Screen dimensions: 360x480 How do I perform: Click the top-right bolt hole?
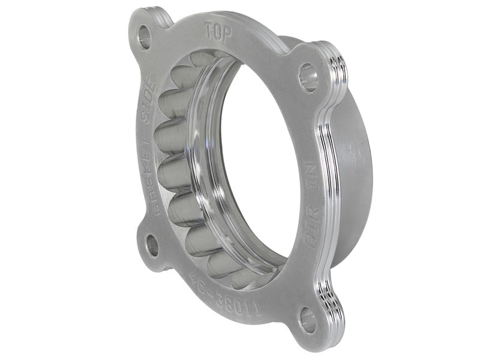[x=308, y=79]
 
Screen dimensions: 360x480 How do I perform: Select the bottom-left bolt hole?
[x=152, y=247]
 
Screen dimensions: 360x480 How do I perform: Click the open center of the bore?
[x=264, y=162]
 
